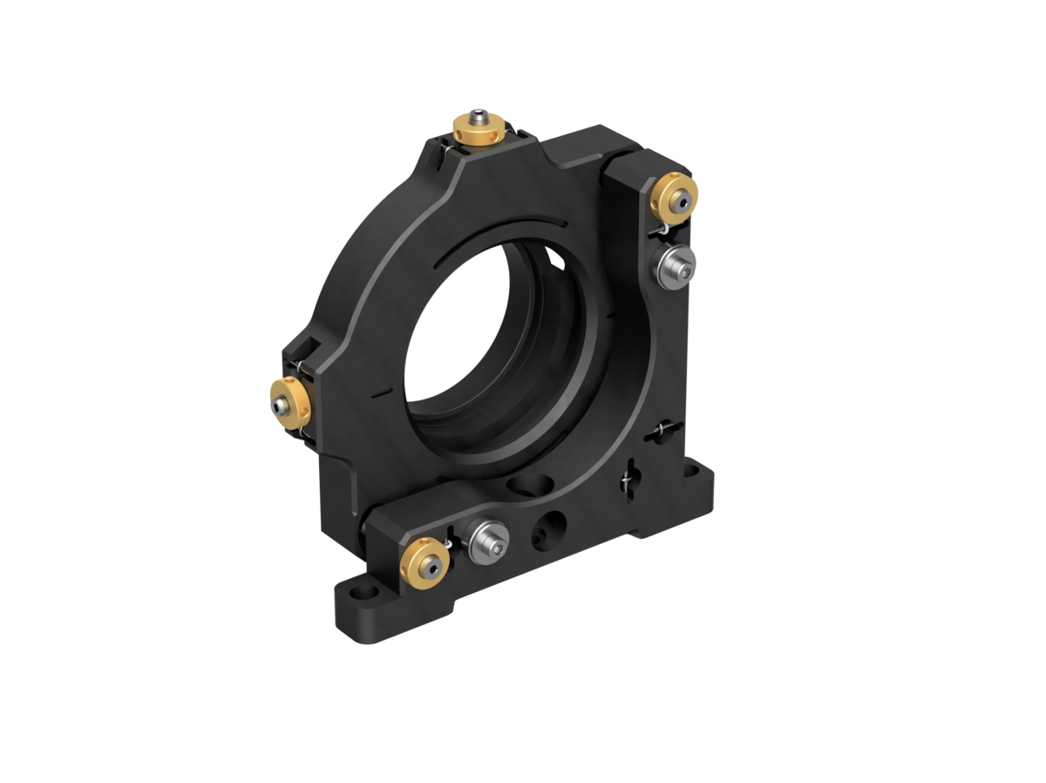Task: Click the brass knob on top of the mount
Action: tap(479, 131)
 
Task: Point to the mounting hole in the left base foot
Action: tap(357, 594)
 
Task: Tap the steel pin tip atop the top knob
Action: tap(478, 114)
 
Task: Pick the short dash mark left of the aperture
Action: tap(380, 393)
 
